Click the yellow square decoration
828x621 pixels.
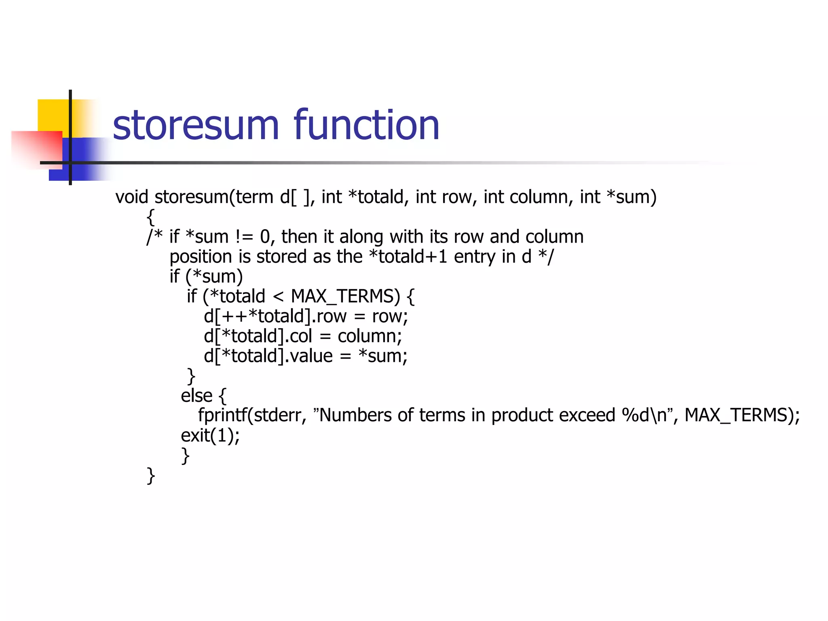point(53,115)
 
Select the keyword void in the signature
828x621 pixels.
point(132,197)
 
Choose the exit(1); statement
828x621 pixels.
point(210,435)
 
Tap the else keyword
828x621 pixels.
point(196,396)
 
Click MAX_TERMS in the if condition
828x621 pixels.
point(345,296)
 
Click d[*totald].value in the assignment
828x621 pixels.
point(268,356)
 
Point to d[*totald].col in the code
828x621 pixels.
point(258,336)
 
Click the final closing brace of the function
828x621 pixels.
point(151,475)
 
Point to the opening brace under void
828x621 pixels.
point(151,217)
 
